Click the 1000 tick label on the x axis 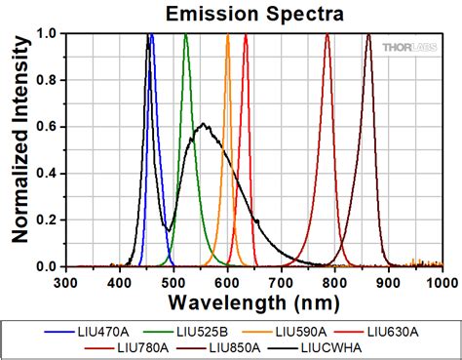pos(440,281)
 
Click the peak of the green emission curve pos(185,35)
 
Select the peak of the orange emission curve pos(227,35)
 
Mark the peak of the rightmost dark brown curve pos(368,35)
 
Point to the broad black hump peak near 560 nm pos(203,124)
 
